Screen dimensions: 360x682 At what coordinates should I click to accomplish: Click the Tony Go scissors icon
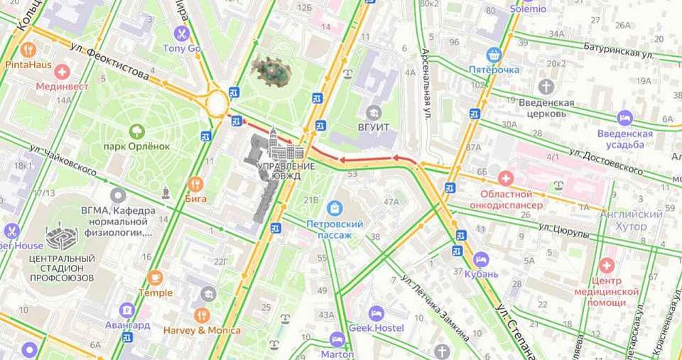click(182, 33)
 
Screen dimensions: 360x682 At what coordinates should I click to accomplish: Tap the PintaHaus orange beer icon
click(28, 50)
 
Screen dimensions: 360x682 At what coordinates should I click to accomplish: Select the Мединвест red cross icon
click(63, 72)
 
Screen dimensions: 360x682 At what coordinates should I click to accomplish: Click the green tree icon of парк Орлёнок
click(136, 131)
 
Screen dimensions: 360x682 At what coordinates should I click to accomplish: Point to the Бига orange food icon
click(195, 185)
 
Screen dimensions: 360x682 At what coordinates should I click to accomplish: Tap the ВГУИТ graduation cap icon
click(374, 112)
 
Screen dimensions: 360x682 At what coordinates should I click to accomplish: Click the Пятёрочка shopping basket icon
click(494, 55)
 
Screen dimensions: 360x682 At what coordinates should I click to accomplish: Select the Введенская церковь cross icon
click(546, 87)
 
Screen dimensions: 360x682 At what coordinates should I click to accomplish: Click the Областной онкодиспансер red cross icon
click(505, 178)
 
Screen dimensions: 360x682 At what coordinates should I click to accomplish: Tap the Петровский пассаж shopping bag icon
click(335, 209)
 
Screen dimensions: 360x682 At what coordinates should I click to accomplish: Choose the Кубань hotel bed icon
click(481, 258)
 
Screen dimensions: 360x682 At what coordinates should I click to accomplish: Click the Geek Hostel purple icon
click(376, 313)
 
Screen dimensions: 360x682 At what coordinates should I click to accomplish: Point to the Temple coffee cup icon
click(155, 278)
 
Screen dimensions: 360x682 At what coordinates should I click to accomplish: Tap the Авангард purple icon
click(127, 310)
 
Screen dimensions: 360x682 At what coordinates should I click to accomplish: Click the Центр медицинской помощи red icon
click(606, 266)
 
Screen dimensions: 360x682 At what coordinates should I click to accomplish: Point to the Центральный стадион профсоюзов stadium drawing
click(62, 238)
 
